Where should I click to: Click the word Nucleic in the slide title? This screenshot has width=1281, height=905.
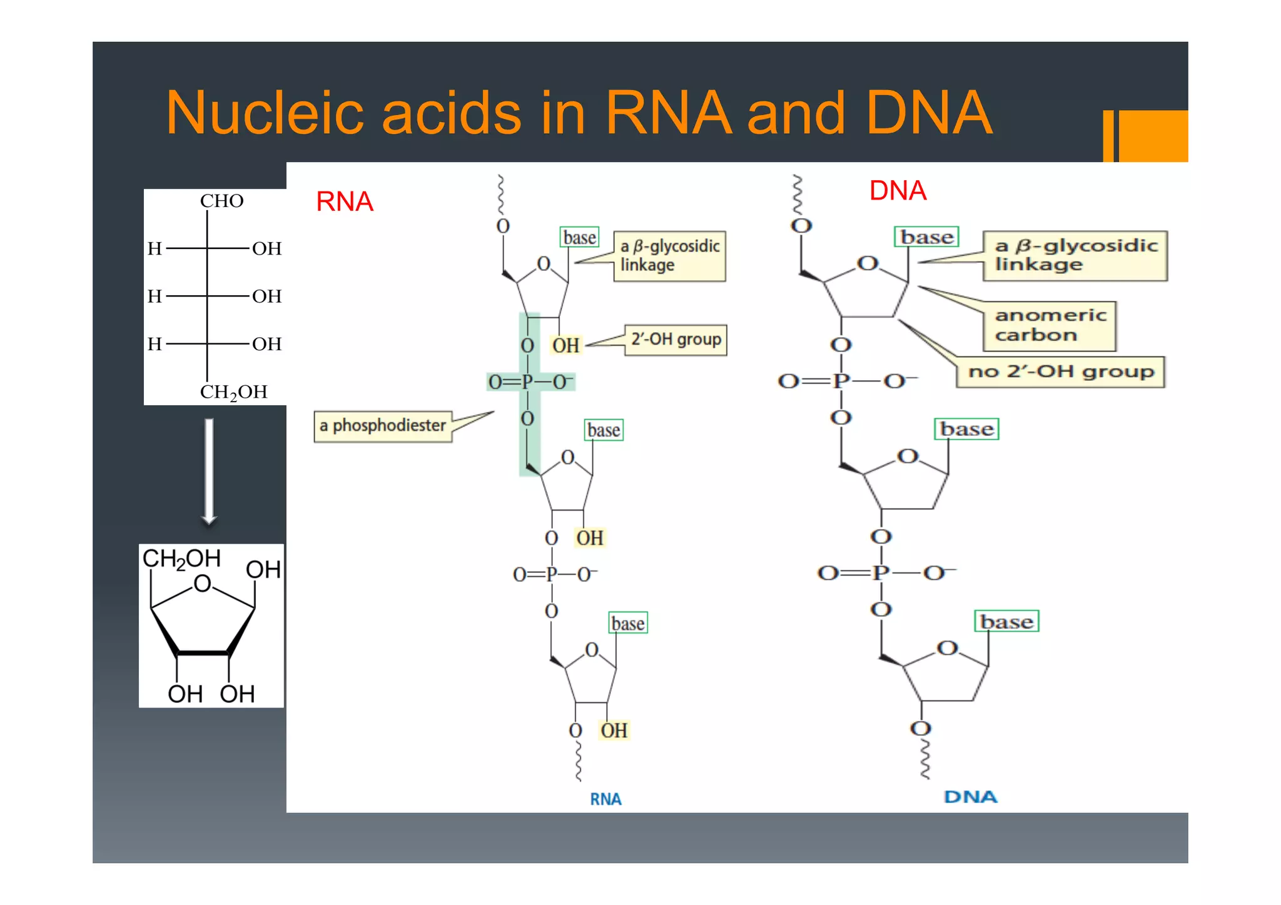click(264, 113)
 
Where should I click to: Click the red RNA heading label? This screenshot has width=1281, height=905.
click(344, 202)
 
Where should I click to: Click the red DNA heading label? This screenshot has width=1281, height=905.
click(897, 191)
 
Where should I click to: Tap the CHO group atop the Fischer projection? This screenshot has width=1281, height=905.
click(221, 201)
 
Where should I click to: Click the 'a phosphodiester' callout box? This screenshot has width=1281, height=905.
click(383, 426)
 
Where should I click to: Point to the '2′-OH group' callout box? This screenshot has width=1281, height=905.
click(676, 340)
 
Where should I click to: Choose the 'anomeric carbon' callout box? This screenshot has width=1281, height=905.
click(1050, 325)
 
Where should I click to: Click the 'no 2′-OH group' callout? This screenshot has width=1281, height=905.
click(1060, 372)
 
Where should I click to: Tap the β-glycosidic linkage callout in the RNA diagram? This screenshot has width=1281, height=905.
click(669, 256)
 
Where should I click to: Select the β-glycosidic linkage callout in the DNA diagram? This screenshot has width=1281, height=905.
click(1075, 255)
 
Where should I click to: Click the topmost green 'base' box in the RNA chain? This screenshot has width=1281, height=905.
click(579, 238)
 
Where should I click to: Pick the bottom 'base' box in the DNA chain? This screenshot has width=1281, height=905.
click(1006, 622)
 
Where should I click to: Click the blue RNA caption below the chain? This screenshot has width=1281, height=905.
click(605, 799)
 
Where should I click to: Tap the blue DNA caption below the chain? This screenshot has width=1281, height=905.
click(970, 797)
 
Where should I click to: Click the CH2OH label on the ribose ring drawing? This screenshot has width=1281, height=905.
click(181, 559)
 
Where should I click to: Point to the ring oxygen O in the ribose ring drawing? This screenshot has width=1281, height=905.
click(202, 584)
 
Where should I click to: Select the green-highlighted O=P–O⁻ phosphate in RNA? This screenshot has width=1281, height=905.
click(530, 382)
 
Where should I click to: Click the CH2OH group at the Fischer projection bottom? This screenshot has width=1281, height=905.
click(233, 392)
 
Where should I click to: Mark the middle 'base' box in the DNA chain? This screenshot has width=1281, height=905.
click(966, 430)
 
